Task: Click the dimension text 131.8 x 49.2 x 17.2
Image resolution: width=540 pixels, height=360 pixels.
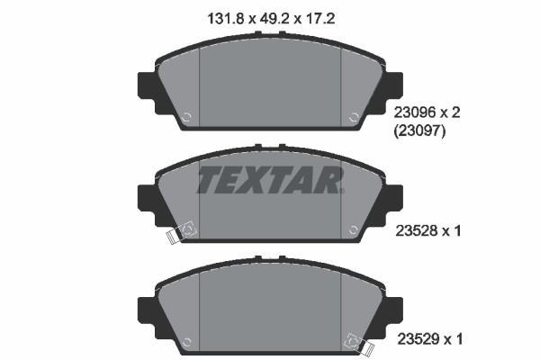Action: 271,19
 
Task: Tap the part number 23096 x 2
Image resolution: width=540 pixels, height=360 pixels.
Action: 427,112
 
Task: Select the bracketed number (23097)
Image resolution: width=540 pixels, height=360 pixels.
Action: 419,130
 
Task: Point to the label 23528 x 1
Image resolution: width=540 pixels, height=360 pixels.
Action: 427,230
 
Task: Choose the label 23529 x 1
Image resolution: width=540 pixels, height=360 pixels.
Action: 430,339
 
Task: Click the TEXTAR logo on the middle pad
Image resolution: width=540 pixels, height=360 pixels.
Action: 270,180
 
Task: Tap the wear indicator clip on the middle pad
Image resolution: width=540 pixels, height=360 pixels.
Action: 181,232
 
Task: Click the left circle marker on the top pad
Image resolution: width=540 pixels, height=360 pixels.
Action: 186,117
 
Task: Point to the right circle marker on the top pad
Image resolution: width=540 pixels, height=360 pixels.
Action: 354,117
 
